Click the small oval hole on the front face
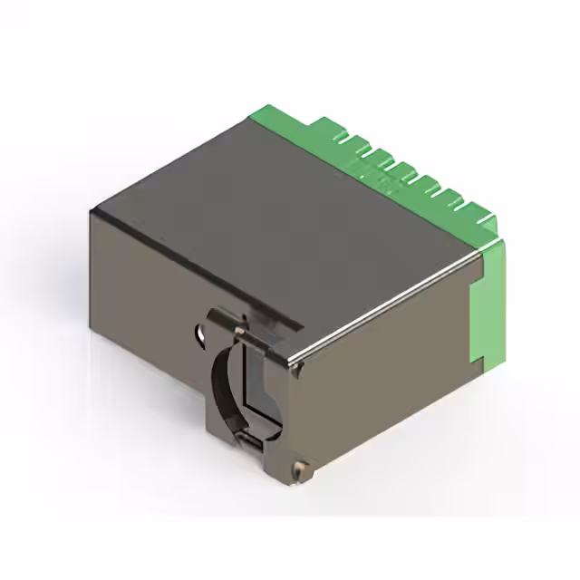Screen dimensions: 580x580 click(x=197, y=333)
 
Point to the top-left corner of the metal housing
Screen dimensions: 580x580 click(x=93, y=210)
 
